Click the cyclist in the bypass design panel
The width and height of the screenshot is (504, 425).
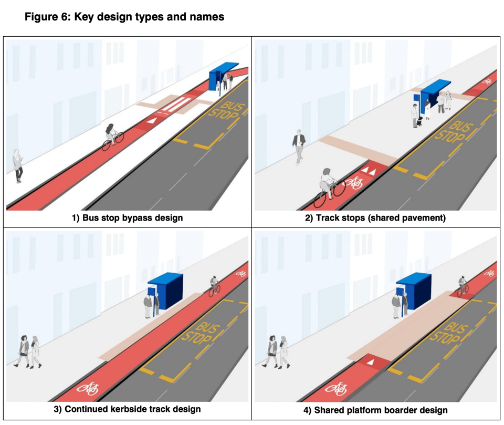112,137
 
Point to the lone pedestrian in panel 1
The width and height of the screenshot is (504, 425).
18,165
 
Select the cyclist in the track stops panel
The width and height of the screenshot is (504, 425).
328,186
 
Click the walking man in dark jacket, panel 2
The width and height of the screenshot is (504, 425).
298,147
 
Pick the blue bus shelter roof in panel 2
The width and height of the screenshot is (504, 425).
435,87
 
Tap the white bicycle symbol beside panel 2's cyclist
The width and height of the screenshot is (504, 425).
355,183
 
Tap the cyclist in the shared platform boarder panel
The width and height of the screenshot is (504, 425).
462,286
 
